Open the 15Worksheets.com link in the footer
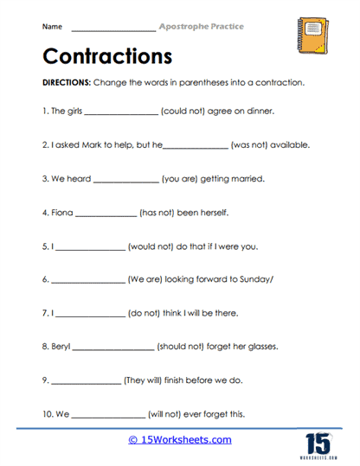click(179, 440)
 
